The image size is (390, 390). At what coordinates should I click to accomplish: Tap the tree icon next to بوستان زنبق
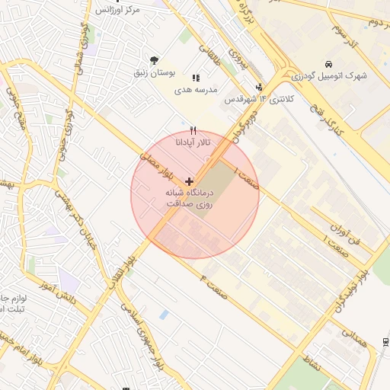tap(155, 60)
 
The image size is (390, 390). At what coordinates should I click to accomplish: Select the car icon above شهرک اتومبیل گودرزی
tap(328, 64)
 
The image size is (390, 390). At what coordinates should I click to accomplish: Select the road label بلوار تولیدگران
tap(350, 289)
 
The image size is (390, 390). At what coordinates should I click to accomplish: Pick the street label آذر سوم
tap(347, 33)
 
